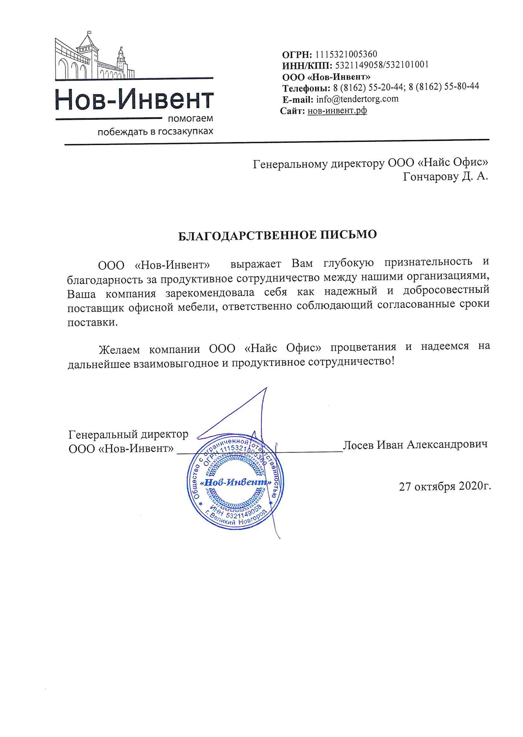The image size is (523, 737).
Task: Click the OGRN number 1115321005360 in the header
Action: [346, 54]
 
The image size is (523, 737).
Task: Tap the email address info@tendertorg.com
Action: [357, 99]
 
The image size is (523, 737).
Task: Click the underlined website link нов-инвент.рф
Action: [337, 111]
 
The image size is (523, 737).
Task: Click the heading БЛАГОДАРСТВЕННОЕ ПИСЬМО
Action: [277, 235]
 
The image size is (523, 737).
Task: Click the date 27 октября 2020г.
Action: [445, 486]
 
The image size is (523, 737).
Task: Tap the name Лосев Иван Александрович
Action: [415, 444]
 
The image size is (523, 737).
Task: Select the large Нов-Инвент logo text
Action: [134, 100]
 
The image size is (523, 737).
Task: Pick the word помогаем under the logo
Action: [190, 119]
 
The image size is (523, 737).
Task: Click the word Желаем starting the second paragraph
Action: [119, 350]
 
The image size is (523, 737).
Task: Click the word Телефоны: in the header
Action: [306, 88]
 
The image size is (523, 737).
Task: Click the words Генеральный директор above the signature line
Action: [128, 434]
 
